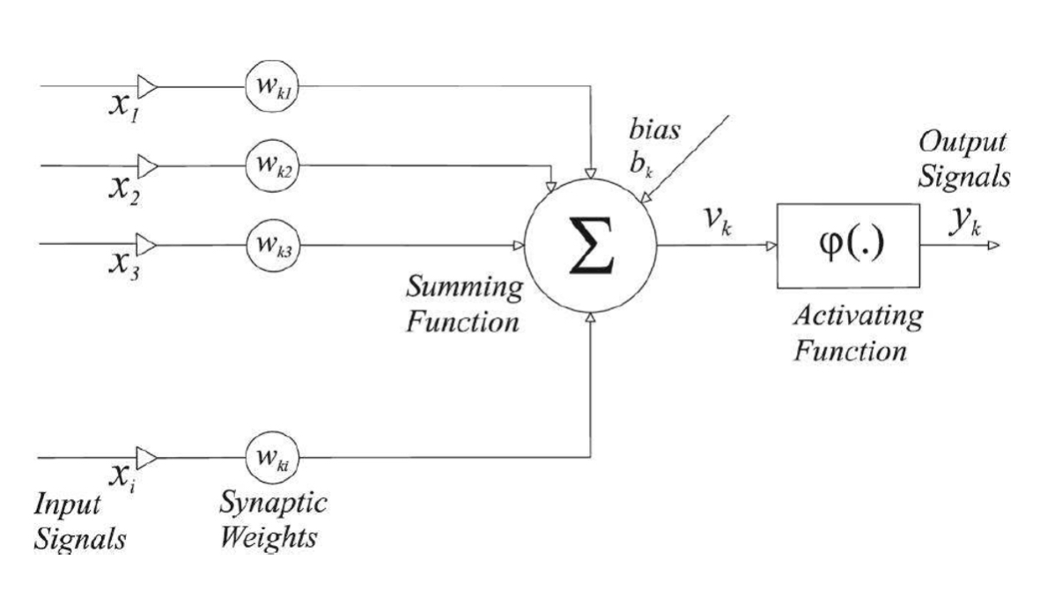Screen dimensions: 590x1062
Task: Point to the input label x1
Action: (x=122, y=108)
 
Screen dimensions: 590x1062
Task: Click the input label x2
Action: (x=121, y=186)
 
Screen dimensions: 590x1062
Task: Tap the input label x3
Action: (x=121, y=263)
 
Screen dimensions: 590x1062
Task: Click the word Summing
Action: (x=461, y=288)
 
